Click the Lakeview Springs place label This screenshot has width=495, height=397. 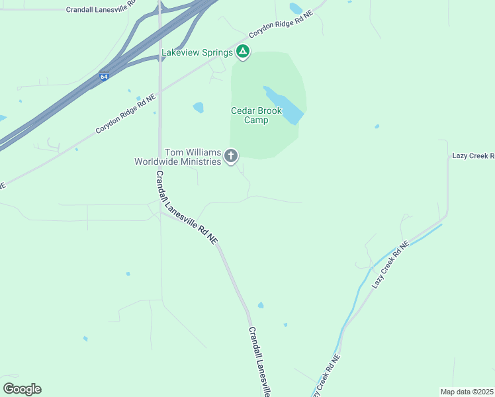point(198,52)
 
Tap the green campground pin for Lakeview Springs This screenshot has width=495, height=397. point(243,52)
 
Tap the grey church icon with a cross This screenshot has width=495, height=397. point(231,156)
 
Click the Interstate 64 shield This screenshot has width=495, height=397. point(105,77)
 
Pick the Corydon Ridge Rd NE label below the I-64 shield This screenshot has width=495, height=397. point(126,114)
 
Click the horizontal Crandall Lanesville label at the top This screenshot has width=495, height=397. point(101,10)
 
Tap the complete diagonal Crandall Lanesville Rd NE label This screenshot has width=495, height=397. point(186,208)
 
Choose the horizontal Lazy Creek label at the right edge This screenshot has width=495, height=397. point(472,155)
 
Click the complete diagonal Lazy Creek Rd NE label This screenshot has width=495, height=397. point(391,264)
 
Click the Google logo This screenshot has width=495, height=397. point(22,388)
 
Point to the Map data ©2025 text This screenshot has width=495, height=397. point(467,391)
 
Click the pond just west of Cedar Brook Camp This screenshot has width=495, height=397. point(198,107)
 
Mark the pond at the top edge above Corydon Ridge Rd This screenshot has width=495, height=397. point(296,9)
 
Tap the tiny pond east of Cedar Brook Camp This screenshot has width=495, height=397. point(377,126)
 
